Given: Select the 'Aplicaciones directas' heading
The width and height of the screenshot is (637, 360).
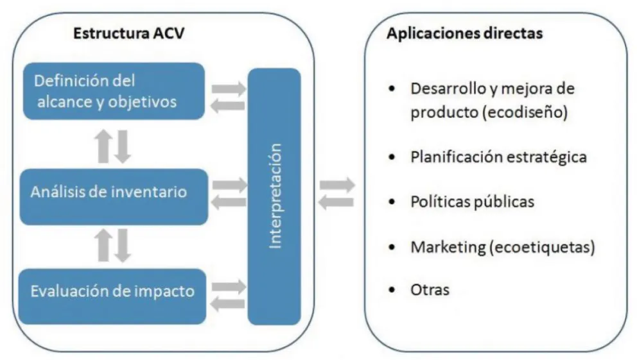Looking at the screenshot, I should coord(464,33).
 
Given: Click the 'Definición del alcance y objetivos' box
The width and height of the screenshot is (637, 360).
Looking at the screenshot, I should coord(113,91).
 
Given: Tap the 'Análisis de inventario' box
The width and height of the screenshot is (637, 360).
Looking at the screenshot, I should coord(113,191).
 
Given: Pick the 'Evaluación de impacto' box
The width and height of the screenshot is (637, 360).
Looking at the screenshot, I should coord(113,291).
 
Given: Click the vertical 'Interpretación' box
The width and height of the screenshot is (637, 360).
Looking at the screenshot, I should coord(274,196).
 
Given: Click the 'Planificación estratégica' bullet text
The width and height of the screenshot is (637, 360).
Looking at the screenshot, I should coord(498,157).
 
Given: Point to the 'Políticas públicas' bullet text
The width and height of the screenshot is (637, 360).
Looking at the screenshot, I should coord(472,201).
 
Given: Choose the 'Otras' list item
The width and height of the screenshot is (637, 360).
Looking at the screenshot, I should coord(430,290).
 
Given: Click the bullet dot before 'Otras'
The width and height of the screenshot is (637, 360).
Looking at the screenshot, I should coord(391,290).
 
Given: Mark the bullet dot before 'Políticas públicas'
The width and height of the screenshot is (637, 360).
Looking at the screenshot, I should coord(391,201).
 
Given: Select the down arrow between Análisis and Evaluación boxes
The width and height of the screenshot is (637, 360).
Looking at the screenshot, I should coord(123,245).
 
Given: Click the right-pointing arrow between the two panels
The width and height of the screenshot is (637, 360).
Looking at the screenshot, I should coord(337,185).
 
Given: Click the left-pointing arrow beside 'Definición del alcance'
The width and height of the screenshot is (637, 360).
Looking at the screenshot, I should coord(230,105).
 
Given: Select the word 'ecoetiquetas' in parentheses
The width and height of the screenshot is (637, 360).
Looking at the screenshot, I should coord(554,246).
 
